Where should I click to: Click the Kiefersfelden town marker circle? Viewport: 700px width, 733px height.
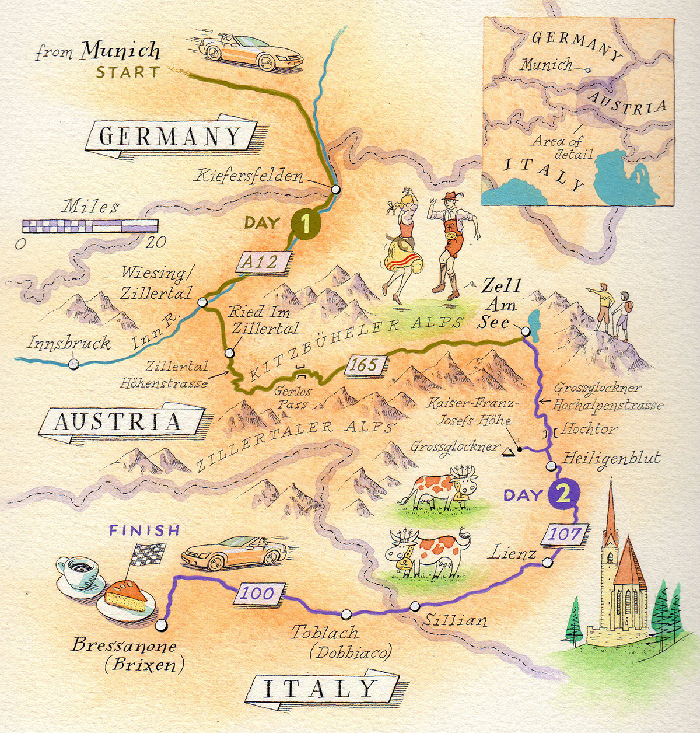335,189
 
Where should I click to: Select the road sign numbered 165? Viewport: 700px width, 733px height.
365,365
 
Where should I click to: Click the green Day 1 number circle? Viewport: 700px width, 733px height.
305,224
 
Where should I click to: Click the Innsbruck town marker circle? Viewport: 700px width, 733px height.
73,364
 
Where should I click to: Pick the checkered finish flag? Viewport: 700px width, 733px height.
146,554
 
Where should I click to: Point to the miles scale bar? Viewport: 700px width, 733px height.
90,226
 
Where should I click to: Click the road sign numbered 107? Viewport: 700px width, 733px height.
565,534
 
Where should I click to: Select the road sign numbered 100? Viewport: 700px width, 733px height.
258,594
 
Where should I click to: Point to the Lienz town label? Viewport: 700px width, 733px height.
513,552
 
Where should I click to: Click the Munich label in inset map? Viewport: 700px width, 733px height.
546,64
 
